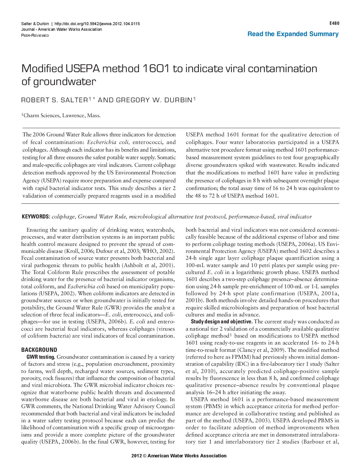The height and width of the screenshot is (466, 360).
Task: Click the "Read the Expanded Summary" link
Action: coord(293,34)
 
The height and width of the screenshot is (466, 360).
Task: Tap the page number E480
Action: coord(334,23)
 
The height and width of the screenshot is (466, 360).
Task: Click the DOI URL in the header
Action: coord(97,24)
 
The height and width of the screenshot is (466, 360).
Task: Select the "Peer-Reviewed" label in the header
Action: coord(35,35)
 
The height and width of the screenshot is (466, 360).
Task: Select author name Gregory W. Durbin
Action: coord(154,100)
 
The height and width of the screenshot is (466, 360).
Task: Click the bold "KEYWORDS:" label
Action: coord(36,217)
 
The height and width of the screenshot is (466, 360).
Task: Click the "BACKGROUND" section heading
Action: coord(39,350)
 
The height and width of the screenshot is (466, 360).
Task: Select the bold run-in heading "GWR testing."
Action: coord(41,357)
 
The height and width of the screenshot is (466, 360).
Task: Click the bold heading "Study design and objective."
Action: coord(222,322)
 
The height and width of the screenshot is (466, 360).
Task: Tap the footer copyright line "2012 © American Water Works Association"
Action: coord(179,456)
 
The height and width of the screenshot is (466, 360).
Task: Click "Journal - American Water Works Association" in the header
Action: coord(62,29)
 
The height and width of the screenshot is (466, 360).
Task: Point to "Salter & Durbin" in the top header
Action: coord(34,24)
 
